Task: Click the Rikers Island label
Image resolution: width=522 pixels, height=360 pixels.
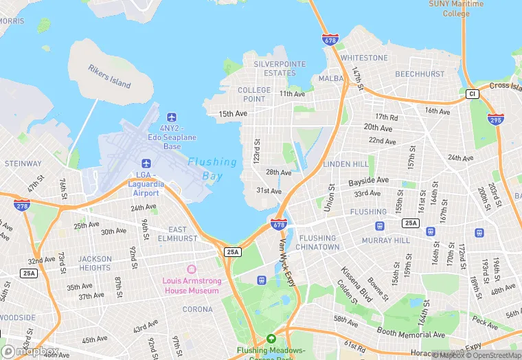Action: coord(109,76)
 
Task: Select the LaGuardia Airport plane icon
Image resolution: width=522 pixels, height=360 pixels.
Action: coord(146,163)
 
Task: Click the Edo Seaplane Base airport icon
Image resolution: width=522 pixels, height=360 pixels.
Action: coord(172,116)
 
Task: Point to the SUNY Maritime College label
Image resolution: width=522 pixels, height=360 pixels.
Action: coord(457,8)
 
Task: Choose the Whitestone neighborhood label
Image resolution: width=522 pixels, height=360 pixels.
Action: coord(364,58)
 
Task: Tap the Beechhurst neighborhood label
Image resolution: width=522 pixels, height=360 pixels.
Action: coord(419,73)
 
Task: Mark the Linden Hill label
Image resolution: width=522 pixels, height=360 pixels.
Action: coord(345,164)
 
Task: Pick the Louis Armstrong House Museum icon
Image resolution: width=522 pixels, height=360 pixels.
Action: coord(191,268)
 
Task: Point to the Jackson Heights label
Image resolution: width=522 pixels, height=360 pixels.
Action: coord(95,263)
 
